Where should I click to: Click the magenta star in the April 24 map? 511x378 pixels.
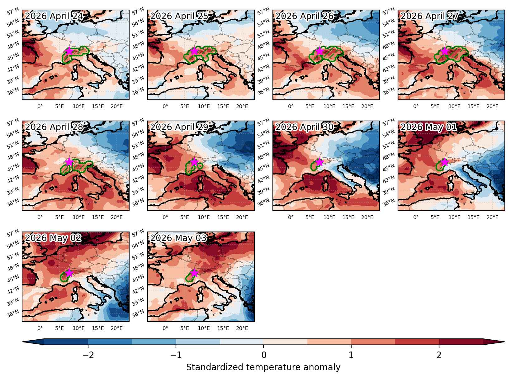(x=69, y=51)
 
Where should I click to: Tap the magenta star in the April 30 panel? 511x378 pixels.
(x=319, y=162)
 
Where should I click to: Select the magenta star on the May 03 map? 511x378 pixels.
(x=194, y=273)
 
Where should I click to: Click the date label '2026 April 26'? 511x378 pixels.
(x=305, y=16)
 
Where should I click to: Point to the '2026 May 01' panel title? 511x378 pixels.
(x=428, y=127)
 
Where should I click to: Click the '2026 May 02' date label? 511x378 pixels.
(x=53, y=238)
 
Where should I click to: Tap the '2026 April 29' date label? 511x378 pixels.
(x=179, y=127)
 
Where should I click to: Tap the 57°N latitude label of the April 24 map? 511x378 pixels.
(x=13, y=11)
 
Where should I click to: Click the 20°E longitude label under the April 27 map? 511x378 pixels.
(x=492, y=107)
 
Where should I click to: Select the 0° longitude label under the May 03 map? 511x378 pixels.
(x=165, y=328)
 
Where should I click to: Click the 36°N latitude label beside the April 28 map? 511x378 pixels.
(x=13, y=202)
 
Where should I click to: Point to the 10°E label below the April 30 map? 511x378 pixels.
(x=329, y=218)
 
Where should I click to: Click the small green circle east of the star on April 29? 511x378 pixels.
(x=200, y=165)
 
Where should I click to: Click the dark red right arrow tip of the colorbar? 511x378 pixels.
(x=504, y=342)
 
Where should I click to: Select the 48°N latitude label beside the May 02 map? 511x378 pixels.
(x=13, y=267)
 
